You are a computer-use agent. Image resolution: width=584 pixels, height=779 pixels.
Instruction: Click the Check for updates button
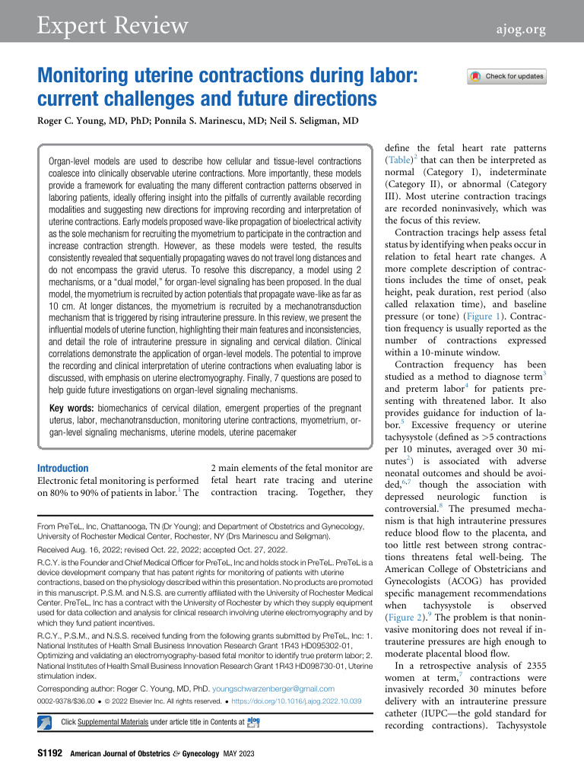(x=507, y=76)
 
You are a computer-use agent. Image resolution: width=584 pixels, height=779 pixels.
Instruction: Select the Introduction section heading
(x=63, y=468)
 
